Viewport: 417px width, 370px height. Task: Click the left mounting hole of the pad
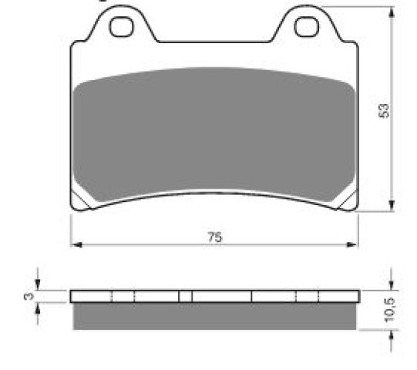[x=122, y=27]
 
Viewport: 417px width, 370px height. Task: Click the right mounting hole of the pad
[x=307, y=27]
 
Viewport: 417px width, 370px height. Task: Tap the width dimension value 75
[x=215, y=237]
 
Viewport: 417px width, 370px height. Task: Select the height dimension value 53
[x=384, y=110]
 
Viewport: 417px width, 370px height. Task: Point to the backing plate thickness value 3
[x=29, y=296]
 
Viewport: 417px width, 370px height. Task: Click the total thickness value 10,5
[x=390, y=310]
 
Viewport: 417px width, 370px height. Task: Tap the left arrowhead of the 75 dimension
[x=76, y=244]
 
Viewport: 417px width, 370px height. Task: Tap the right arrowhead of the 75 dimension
[x=351, y=244]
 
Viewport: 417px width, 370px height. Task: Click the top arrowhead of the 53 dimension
[x=392, y=12]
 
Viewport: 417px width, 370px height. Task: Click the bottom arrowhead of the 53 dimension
[x=392, y=206]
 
